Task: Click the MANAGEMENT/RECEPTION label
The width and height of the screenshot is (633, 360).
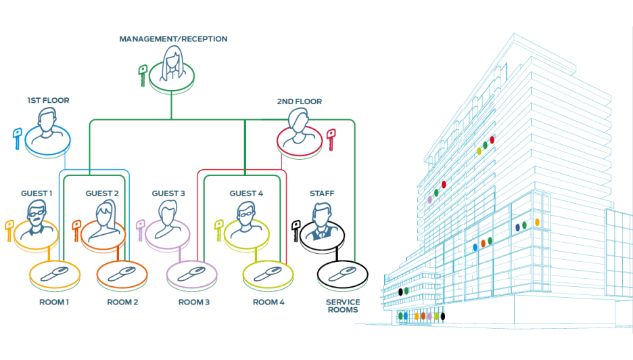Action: pyautogui.click(x=173, y=39)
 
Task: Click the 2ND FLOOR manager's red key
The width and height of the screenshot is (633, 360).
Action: pyautogui.click(x=331, y=139)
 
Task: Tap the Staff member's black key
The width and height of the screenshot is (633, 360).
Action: pyautogui.click(x=296, y=229)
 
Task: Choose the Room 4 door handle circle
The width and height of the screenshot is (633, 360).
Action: pyautogui.click(x=268, y=275)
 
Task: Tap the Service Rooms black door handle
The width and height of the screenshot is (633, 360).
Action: pyautogui.click(x=342, y=275)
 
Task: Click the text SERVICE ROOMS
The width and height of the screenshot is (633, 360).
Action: pyautogui.click(x=343, y=306)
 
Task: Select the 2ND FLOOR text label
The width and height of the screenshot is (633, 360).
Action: pyautogui.click(x=299, y=102)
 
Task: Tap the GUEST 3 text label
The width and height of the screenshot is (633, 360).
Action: pyautogui.click(x=168, y=194)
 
